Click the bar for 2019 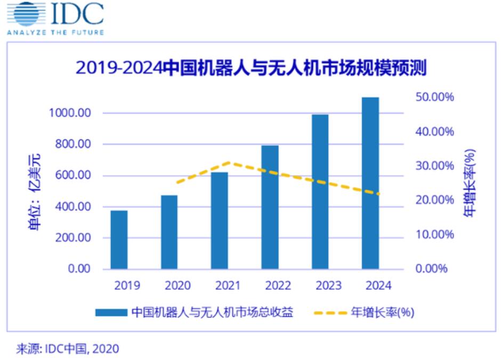click(119, 240)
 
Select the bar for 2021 click(219, 220)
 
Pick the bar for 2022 click(270, 207)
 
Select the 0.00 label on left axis click(79, 269)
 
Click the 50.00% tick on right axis click(434, 97)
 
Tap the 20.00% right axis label click(434, 200)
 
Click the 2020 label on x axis click(177, 286)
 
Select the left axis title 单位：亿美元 click(35, 192)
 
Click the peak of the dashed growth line click(228, 162)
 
